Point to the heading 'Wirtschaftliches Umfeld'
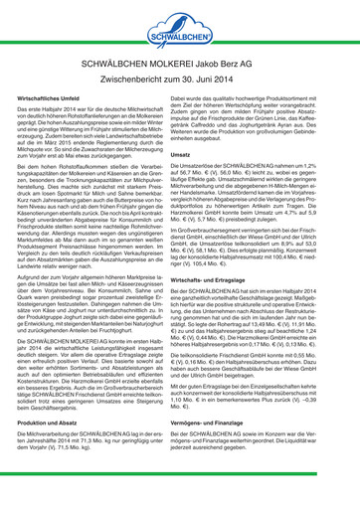click(58, 101)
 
